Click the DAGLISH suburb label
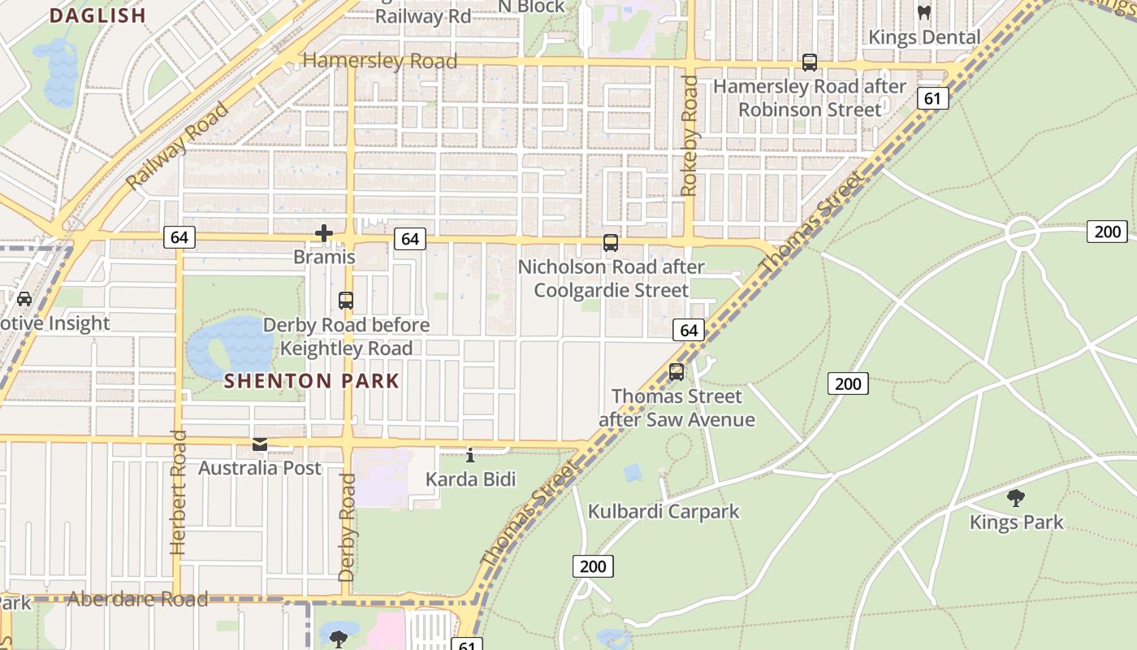tap(97, 15)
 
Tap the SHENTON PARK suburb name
tap(312, 381)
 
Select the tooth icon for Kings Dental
tap(923, 13)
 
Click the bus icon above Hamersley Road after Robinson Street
tap(809, 63)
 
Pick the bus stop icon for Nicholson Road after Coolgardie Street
tap(610, 243)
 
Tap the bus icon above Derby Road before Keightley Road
tap(346, 301)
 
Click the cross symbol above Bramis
tap(324, 234)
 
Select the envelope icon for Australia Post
tap(260, 444)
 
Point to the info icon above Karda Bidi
tap(470, 455)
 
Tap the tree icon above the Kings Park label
tap(1015, 498)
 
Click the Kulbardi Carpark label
tap(664, 511)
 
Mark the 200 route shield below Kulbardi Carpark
tap(593, 566)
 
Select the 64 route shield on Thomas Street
tap(689, 330)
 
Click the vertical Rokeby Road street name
tap(690, 136)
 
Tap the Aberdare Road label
tap(137, 600)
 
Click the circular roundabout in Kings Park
tap(1022, 233)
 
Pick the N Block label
tap(531, 6)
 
